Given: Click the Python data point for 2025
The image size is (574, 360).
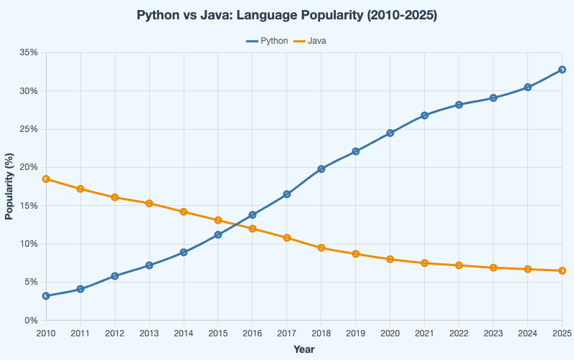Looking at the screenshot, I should tap(563, 70).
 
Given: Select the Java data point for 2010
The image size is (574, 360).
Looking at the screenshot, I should tap(46, 179).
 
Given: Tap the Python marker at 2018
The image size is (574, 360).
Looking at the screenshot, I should tap(321, 169).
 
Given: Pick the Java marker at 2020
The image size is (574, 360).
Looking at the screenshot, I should tap(390, 259).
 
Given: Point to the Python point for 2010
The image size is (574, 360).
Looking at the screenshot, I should tap(46, 295).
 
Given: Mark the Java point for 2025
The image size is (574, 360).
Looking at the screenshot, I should tap(563, 270).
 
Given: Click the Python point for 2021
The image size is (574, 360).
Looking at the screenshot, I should tap(425, 115).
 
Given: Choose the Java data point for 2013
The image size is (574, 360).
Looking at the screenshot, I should tap(149, 203).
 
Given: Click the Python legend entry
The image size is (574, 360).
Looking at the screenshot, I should tap(267, 41).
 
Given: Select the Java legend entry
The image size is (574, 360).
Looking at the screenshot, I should tap(311, 41).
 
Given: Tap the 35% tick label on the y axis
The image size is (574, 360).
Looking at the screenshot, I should tap(29, 52).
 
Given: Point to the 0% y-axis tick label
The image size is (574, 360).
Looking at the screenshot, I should tap(32, 320).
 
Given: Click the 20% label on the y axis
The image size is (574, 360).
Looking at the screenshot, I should tap(29, 167).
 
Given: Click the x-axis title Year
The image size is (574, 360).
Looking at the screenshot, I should tap(304, 349).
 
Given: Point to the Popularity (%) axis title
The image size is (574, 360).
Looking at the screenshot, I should tap(9, 186).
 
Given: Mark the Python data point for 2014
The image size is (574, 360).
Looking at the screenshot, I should tap(184, 252).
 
